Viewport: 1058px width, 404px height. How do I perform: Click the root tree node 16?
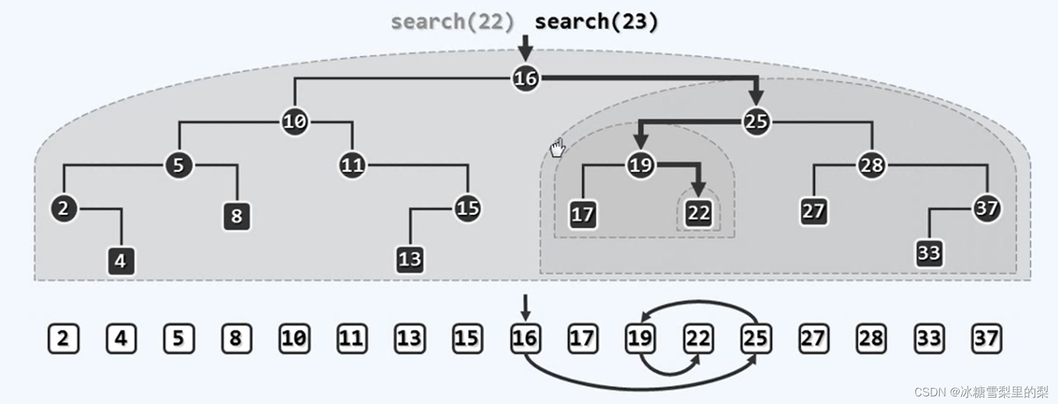click(525, 78)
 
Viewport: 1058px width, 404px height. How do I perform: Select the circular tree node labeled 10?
click(294, 121)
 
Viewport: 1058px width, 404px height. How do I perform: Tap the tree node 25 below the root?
click(755, 121)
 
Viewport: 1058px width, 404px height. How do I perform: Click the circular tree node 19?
click(640, 165)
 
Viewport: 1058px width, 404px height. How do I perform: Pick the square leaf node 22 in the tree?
click(698, 212)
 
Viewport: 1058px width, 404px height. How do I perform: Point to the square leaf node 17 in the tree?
click(582, 214)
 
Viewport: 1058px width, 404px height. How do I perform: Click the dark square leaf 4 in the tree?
click(121, 261)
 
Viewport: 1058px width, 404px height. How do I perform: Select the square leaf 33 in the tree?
click(928, 253)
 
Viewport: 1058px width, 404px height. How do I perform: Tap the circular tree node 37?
click(986, 208)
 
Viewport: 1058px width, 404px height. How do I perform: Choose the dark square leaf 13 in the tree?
click(409, 259)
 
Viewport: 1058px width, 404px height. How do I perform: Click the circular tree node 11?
click(352, 165)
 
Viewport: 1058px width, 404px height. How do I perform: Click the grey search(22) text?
click(452, 22)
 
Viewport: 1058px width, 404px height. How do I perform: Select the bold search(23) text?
click(596, 22)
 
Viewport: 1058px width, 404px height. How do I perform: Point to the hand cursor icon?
click(557, 149)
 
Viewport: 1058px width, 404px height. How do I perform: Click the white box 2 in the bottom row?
click(63, 338)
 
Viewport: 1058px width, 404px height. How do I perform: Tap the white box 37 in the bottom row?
click(986, 338)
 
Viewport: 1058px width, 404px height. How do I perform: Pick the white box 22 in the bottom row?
click(697, 338)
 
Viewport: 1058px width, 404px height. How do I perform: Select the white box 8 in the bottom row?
click(236, 338)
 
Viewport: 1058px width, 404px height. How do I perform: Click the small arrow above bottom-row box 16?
click(525, 307)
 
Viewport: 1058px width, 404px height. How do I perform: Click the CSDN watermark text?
click(980, 392)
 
